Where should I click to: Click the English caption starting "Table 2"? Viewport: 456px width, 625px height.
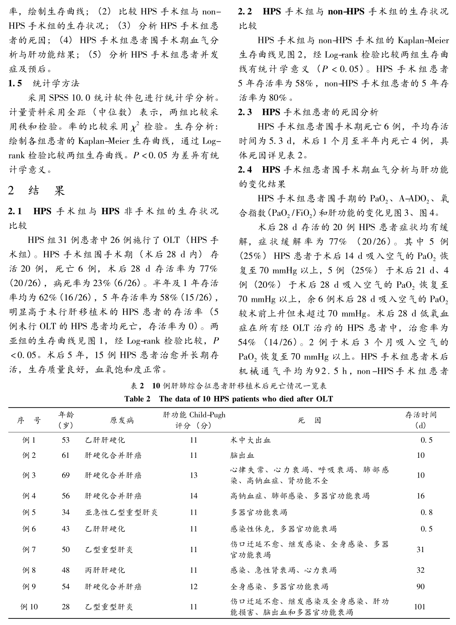point(228,399)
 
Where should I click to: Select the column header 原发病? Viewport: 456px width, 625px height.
point(121,420)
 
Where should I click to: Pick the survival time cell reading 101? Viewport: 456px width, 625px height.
point(420,606)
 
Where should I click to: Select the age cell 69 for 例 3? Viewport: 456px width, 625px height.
point(66,475)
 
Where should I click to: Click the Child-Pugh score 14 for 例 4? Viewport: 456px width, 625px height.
point(193,496)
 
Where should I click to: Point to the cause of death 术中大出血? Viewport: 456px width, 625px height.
point(250,440)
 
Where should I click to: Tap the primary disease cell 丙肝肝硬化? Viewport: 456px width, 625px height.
point(105,570)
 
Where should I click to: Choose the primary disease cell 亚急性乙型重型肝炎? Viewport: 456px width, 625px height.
point(121,513)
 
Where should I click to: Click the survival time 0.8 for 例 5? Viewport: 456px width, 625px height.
point(426,513)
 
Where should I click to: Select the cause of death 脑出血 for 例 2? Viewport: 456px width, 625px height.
point(242,455)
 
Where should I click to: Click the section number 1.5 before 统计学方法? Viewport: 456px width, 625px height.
point(15,83)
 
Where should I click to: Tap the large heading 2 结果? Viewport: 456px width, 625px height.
point(37,191)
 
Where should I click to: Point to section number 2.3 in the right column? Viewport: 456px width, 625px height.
point(246,112)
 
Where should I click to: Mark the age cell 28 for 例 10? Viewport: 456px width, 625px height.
point(66,606)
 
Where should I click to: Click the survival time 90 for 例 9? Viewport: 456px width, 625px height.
point(420,587)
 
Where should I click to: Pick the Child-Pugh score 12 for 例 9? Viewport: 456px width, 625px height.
point(193,587)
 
